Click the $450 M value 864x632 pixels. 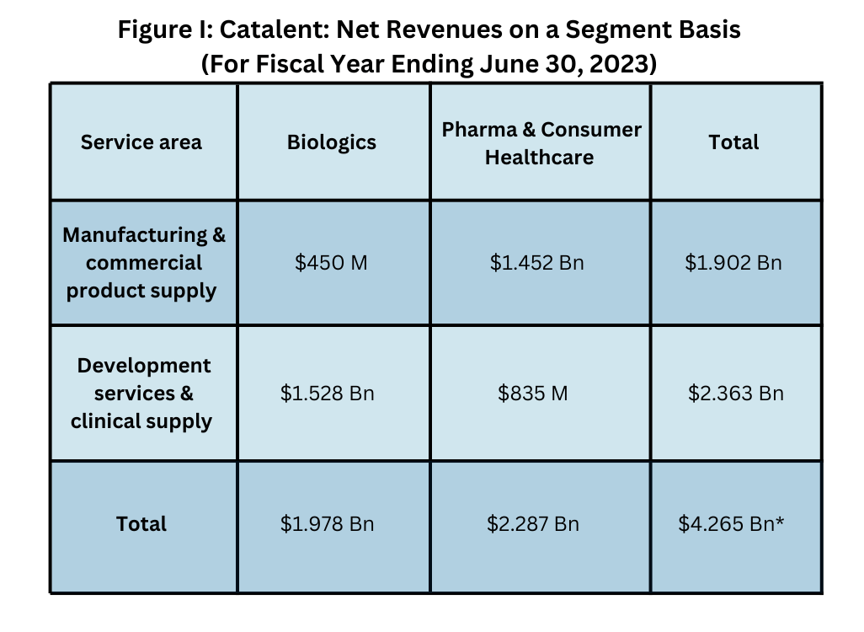[x=331, y=263]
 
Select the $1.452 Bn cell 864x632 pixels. [x=537, y=263]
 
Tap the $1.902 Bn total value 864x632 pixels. [x=733, y=263]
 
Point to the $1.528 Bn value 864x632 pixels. [x=328, y=394]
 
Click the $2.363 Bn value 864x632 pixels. [x=736, y=394]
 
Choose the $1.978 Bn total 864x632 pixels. [x=328, y=524]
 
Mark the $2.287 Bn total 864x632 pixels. [x=533, y=524]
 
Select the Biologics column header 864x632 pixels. [x=332, y=142]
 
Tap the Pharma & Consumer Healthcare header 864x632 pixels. [x=541, y=143]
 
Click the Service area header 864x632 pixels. [x=141, y=142]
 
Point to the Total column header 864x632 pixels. [x=733, y=142]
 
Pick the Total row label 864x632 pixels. [x=141, y=524]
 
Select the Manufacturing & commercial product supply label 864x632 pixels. [x=143, y=263]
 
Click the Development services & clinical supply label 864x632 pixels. [x=141, y=394]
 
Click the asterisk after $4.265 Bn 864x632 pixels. [x=781, y=522]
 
